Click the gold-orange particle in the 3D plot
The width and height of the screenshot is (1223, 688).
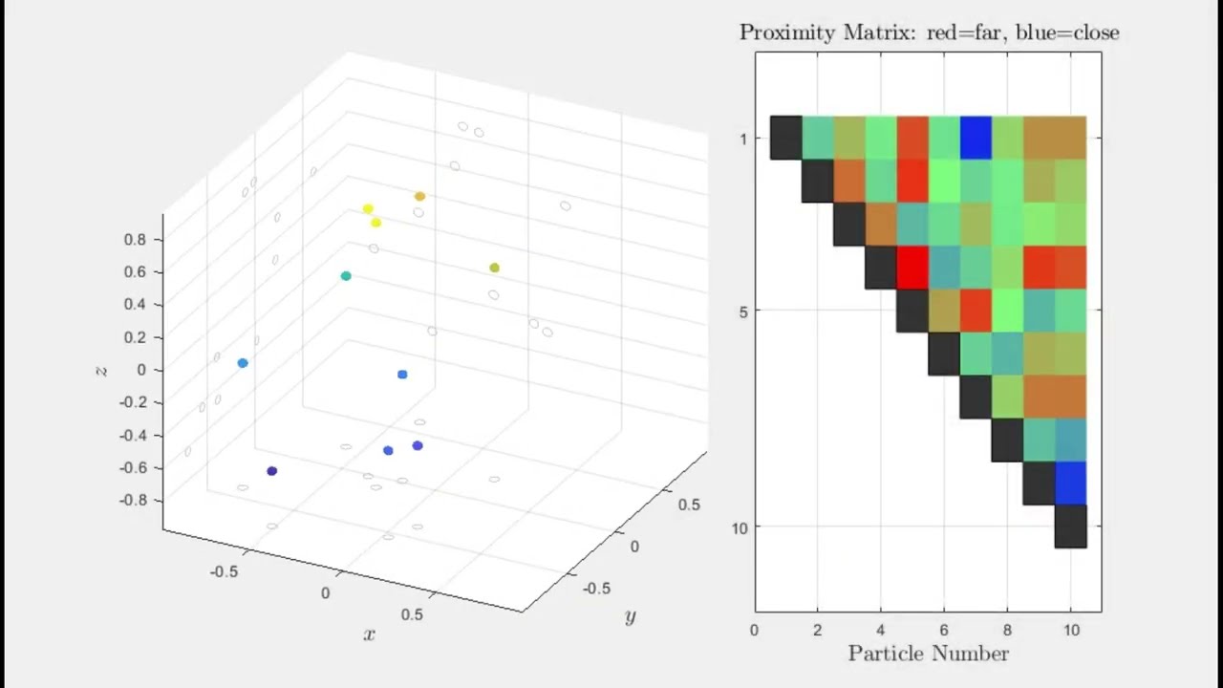pos(419,197)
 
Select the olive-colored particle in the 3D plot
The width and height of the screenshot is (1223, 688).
pos(494,268)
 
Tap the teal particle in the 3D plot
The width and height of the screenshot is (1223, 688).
pos(346,276)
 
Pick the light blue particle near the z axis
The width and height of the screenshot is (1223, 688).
pos(243,363)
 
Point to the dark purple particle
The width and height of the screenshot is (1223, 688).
pos(272,471)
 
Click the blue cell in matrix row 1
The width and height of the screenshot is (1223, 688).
pos(976,138)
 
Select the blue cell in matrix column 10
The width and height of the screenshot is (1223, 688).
pos(1070,484)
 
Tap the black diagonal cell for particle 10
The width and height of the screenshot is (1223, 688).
pos(1070,527)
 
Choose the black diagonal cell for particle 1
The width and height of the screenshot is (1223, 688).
pos(785,138)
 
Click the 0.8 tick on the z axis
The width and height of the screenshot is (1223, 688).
pos(135,239)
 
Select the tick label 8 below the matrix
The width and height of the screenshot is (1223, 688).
pos(1007,630)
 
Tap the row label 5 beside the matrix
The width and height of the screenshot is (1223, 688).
pos(742,312)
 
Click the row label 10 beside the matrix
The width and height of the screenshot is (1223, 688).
pos(740,527)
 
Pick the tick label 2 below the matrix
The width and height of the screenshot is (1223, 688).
pos(817,630)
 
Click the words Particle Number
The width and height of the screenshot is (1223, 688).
pos(928,655)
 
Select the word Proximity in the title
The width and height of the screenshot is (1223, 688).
pos(786,32)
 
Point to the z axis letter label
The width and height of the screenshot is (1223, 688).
pos(101,370)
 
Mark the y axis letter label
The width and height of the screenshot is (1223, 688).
pos(630,617)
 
